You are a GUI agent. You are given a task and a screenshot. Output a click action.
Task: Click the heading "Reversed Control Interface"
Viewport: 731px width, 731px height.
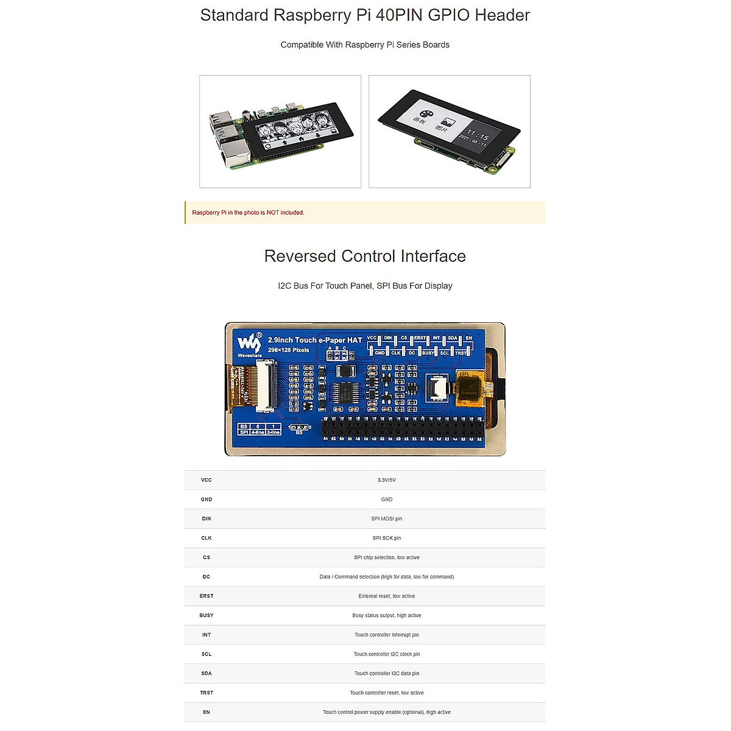365,256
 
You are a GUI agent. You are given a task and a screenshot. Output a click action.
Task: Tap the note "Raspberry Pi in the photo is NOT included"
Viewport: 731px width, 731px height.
248,213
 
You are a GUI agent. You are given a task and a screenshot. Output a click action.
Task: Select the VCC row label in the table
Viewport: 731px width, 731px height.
207,480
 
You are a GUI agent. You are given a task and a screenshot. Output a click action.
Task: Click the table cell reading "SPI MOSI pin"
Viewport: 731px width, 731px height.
386,519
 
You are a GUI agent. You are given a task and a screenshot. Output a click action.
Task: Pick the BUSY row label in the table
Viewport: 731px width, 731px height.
207,615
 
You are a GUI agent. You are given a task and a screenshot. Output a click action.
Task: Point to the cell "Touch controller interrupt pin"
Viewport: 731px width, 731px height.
386,635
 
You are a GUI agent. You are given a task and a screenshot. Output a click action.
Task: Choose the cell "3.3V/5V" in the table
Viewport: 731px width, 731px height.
386,480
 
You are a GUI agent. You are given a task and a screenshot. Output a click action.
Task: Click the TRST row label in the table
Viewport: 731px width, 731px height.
207,693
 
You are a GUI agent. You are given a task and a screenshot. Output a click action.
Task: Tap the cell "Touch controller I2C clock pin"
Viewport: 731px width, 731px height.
386,654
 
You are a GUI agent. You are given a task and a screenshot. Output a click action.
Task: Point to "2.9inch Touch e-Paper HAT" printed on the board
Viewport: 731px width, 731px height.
315,340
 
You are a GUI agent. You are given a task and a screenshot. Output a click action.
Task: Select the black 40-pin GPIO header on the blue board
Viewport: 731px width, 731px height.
402,429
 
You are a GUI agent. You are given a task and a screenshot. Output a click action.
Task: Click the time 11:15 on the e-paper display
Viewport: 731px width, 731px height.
478,135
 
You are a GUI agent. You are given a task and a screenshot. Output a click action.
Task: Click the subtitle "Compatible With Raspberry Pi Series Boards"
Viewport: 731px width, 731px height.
365,45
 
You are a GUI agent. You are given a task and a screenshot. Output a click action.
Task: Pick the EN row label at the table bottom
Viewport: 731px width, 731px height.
207,712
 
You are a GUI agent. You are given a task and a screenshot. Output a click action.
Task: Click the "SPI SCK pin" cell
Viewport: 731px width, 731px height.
386,538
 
